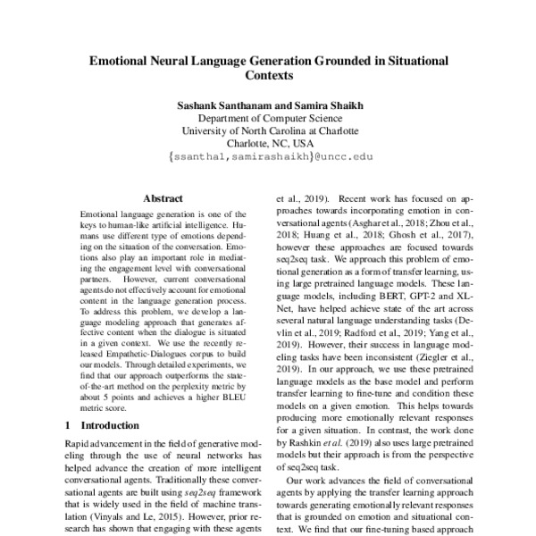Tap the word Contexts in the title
(268, 78)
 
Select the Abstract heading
(165, 200)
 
